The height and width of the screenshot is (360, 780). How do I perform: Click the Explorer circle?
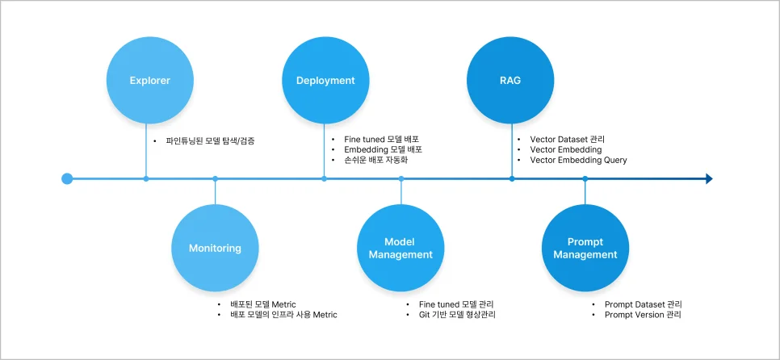pos(149,81)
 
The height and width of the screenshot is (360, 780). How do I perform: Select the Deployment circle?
pos(325,81)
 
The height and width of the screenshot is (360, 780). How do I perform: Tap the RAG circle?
pos(510,81)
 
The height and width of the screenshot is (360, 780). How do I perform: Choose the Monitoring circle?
pos(215,249)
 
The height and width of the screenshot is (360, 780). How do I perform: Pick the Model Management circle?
pos(400,249)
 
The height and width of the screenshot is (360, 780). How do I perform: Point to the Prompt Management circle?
pos(585,249)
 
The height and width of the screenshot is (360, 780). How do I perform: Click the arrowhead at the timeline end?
pos(708,178)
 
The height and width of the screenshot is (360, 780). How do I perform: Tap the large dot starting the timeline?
pos(67,178)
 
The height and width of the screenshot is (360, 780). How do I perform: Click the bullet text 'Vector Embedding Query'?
pos(578,160)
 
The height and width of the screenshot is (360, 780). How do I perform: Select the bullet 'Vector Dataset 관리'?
pos(567,139)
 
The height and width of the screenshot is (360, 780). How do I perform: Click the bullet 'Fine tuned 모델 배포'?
pos(382,139)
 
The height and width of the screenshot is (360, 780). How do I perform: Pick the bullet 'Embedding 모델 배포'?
pos(383,149)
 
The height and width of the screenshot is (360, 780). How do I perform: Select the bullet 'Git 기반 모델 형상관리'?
pos(457,315)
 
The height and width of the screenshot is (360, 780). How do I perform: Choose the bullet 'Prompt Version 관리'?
pos(643,315)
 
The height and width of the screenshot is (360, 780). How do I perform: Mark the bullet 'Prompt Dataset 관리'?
pos(643,304)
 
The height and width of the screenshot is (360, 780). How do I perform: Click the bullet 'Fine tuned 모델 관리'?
pos(456,304)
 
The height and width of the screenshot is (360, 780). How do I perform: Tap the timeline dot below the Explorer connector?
pos(146,178)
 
